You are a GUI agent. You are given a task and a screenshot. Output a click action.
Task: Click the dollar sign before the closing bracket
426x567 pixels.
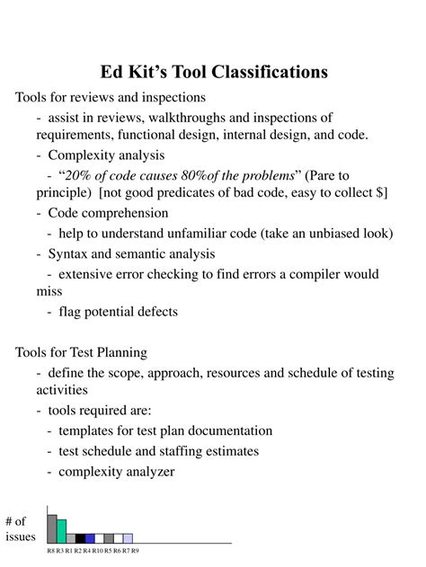click(x=382, y=192)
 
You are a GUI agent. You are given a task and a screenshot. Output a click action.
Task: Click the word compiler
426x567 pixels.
click(x=315, y=274)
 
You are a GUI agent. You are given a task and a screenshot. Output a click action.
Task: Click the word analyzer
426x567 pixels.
click(x=146, y=471)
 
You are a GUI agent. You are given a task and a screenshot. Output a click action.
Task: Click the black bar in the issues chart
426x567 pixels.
click(x=80, y=537)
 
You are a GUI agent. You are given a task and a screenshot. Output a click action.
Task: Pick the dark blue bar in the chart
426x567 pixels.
click(x=90, y=537)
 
